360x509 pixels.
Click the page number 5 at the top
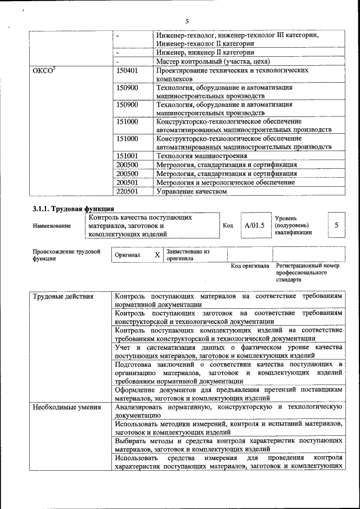tap(186, 21)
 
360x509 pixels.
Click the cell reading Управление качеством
tap(191, 191)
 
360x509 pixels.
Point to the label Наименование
tap(52, 226)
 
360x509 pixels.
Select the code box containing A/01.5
tap(254, 225)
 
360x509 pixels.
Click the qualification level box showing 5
tap(336, 225)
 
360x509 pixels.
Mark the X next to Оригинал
tap(157, 255)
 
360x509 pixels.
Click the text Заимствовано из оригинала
tap(188, 255)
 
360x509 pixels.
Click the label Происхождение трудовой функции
tap(66, 255)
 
